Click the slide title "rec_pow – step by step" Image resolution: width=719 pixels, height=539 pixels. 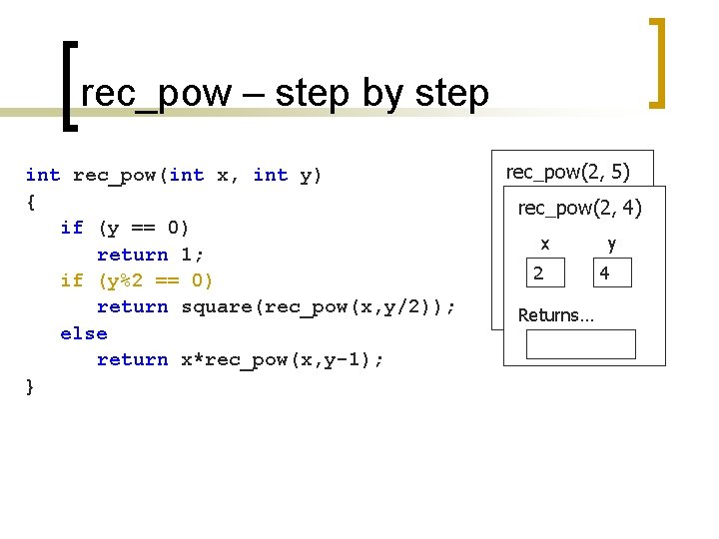pos(285,94)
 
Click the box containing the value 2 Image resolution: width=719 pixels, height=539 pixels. pos(545,272)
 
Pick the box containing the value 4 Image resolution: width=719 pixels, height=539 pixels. pos(611,272)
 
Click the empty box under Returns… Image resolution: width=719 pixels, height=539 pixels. pos(581,343)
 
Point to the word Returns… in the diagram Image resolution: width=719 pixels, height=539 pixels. pos(555,315)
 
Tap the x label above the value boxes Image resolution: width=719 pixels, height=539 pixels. pos(544,244)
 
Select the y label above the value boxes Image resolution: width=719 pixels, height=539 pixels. pos(611,244)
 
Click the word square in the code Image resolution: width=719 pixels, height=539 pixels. pos(216,307)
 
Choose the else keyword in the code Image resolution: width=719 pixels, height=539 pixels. pos(84,333)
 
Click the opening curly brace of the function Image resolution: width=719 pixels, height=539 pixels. pos(31,202)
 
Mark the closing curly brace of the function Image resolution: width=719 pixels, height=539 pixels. pos(31,386)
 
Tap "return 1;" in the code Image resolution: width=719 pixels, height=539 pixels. pos(150,255)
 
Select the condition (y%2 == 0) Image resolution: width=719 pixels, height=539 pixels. pos(155,280)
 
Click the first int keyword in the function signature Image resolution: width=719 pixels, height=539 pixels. pos(43,176)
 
